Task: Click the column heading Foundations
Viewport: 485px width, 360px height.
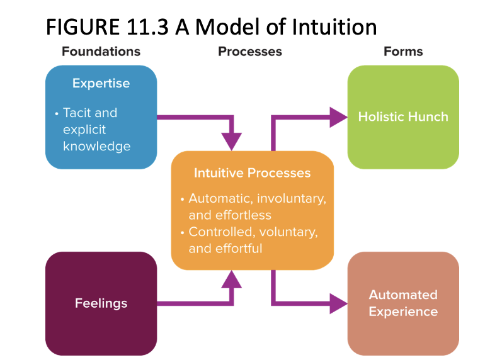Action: pyautogui.click(x=101, y=52)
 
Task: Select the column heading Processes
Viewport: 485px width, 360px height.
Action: pyautogui.click(x=250, y=52)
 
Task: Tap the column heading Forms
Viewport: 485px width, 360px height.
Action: pyautogui.click(x=403, y=52)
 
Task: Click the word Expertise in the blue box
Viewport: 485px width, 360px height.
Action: pyautogui.click(x=101, y=84)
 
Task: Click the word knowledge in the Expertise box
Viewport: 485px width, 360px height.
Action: pyautogui.click(x=96, y=147)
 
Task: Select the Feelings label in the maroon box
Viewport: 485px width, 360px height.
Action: pyautogui.click(x=101, y=303)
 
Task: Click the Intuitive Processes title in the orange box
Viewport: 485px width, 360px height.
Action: pyautogui.click(x=252, y=173)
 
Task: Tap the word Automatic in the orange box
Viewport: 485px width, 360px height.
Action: pyautogui.click(x=216, y=198)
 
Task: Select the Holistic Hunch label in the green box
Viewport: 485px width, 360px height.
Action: pyautogui.click(x=403, y=117)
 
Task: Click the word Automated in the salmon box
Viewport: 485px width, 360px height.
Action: pyautogui.click(x=403, y=295)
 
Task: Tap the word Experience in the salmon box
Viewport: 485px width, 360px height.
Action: pyautogui.click(x=403, y=312)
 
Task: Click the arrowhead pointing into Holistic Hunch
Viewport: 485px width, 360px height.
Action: pyautogui.click(x=339, y=117)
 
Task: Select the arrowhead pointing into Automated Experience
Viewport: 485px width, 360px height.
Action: pyautogui.click(x=339, y=303)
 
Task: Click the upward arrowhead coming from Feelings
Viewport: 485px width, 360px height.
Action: pyautogui.click(x=232, y=279)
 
